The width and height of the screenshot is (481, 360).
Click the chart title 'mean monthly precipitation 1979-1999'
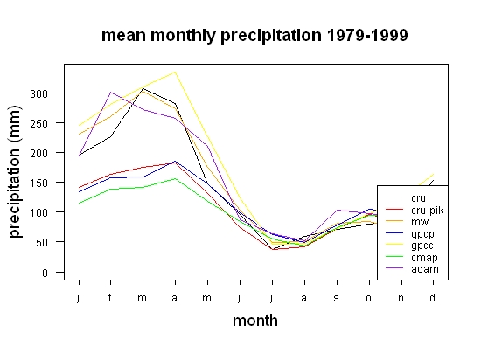point(254,36)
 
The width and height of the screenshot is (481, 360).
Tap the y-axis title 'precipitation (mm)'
point(15,171)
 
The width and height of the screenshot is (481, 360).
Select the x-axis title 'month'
point(255,321)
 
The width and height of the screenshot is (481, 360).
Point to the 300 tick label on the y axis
point(39,93)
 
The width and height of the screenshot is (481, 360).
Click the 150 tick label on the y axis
point(39,183)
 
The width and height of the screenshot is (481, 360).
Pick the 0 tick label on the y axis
point(45,273)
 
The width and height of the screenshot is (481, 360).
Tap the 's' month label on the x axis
point(337,298)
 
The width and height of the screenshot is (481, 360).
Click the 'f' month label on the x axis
point(110,297)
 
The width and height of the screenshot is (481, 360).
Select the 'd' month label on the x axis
point(433,297)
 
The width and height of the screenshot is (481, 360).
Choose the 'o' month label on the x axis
point(369,298)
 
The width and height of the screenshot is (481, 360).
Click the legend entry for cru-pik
point(415,211)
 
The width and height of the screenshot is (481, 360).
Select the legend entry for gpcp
point(410,234)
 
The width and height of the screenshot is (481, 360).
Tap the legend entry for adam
point(412,269)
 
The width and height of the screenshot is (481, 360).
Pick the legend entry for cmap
point(412,258)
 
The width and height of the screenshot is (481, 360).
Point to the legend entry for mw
point(408,222)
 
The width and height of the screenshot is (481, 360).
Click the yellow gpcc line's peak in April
point(175,72)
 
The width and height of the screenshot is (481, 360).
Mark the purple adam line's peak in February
point(110,93)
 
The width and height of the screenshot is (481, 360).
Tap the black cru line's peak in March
point(143,88)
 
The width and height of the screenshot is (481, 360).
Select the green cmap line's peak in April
point(175,178)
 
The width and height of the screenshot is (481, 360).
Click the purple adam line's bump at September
point(337,211)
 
